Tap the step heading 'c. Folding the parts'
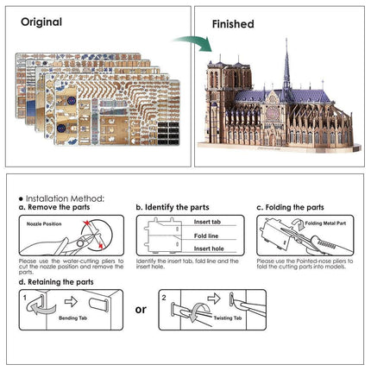[x=290, y=207]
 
